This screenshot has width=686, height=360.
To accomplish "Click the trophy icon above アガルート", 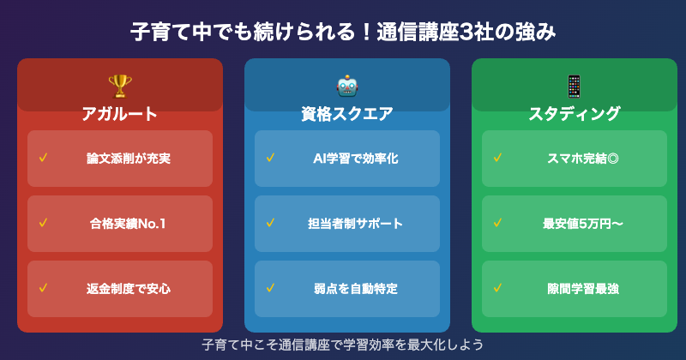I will (x=120, y=86).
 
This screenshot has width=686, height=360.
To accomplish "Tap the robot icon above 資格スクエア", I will (x=347, y=86).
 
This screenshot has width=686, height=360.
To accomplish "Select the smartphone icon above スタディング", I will (x=574, y=86).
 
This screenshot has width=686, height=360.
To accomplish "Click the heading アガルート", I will (x=120, y=114).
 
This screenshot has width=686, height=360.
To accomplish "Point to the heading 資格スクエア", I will (x=347, y=114).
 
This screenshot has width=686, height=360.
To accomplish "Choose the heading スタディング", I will (x=574, y=114).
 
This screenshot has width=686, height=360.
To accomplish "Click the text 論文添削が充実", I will (x=129, y=159).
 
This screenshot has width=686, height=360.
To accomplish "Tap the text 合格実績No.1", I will (x=129, y=224).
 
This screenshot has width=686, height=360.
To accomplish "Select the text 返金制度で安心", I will (x=129, y=289).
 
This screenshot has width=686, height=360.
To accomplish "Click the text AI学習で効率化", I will (x=355, y=159).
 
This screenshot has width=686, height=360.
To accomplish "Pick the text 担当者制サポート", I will (x=355, y=224).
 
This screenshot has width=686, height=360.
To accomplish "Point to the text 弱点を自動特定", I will (x=355, y=289).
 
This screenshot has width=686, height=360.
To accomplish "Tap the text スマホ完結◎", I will (x=582, y=159).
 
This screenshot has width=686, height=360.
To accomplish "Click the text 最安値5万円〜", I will (x=582, y=224).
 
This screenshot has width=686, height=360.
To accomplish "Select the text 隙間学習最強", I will (x=582, y=289).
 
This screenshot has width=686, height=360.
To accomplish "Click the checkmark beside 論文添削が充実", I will (x=43, y=158).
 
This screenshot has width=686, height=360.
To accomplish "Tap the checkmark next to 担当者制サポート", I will (x=270, y=223).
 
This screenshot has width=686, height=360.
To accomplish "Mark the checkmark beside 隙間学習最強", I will (x=497, y=288).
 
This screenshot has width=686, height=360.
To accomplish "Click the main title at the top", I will (x=343, y=33).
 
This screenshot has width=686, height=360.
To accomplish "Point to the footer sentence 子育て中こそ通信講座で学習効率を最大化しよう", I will (x=343, y=345).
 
